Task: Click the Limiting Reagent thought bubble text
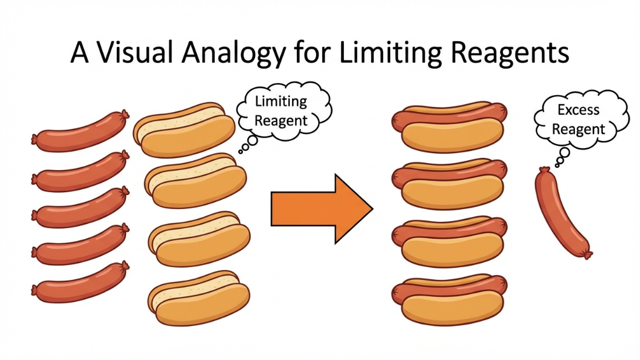click(x=281, y=111)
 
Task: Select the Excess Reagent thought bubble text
click(x=578, y=119)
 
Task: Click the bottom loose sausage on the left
click(x=81, y=282)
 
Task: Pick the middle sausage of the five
click(x=81, y=207)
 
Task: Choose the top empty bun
click(x=185, y=131)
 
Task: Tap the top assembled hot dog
click(x=451, y=128)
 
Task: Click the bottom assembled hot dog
click(x=451, y=301)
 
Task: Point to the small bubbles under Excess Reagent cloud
click(x=562, y=156)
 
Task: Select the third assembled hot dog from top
click(x=451, y=243)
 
